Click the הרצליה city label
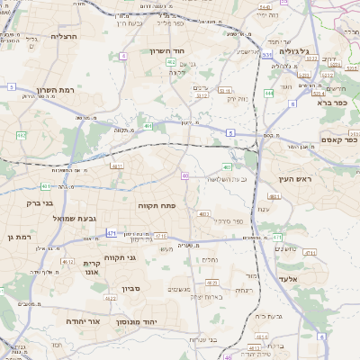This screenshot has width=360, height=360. (x=64, y=36)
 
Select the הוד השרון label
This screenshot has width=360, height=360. (x=167, y=51)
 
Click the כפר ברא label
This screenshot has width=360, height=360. (x=332, y=102)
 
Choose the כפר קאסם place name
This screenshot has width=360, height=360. (x=340, y=139)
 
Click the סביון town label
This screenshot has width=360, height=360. (x=132, y=290)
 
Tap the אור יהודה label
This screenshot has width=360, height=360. (x=82, y=320)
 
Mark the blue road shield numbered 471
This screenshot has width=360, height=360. (x=111, y=233)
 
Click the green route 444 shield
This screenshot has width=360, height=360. (x=269, y=93)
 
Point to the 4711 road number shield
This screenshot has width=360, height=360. (x=161, y=235)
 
